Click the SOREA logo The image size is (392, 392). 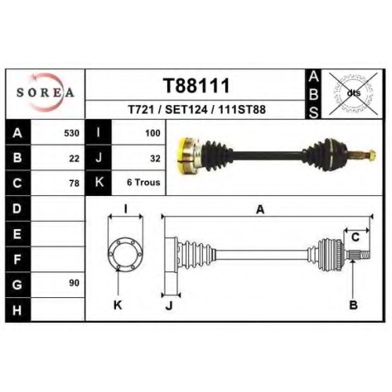45,93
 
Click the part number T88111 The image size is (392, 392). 197,85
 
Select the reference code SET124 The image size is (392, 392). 186,110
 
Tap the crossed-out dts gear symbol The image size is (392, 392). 354,93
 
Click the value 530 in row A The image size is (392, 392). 71,133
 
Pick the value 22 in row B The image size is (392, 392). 74,158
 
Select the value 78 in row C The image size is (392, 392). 74,183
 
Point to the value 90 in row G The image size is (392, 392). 74,283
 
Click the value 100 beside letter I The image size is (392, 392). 153,133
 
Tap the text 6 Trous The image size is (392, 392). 143,182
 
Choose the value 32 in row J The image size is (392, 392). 155,158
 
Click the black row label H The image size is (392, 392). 18,310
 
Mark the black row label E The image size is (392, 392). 18,234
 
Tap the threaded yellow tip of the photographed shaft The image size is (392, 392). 372,155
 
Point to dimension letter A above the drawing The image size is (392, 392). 260,209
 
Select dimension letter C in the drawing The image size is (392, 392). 355,238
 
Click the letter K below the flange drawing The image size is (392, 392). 118,305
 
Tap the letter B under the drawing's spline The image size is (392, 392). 354,305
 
